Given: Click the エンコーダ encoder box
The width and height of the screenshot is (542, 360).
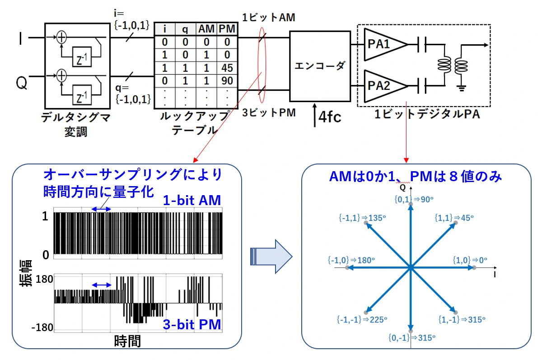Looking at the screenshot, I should (x=320, y=66).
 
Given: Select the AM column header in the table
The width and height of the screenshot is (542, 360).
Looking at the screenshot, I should (x=207, y=29).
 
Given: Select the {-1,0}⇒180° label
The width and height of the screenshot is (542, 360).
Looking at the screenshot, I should (x=352, y=260).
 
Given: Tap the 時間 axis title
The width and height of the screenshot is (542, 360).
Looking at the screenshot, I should (x=127, y=341).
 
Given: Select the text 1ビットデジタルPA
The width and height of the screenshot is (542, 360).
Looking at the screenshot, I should (x=427, y=115).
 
